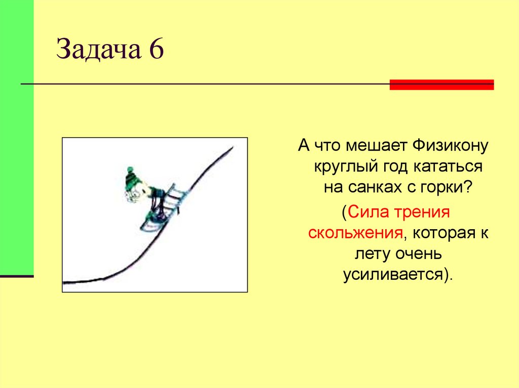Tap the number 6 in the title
pyautogui.click(x=156, y=51)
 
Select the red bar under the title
pyautogui.click(x=441, y=85)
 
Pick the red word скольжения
pyautogui.click(x=355, y=233)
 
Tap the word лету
pyautogui.click(x=365, y=253)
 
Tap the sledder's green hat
pyautogui.click(x=133, y=177)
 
